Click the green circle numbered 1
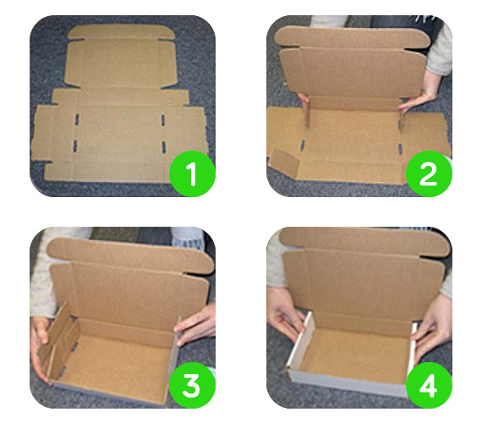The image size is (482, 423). [192, 173]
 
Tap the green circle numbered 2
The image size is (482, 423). [429, 173]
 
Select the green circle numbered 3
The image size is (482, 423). [192, 386]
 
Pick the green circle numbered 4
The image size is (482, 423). [429, 386]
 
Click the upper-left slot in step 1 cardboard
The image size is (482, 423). [77, 119]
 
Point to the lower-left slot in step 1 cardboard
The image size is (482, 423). [75, 146]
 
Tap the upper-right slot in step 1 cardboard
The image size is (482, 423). [163, 120]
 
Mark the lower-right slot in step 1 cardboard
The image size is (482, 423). [164, 146]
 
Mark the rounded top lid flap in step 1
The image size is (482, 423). [122, 31]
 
